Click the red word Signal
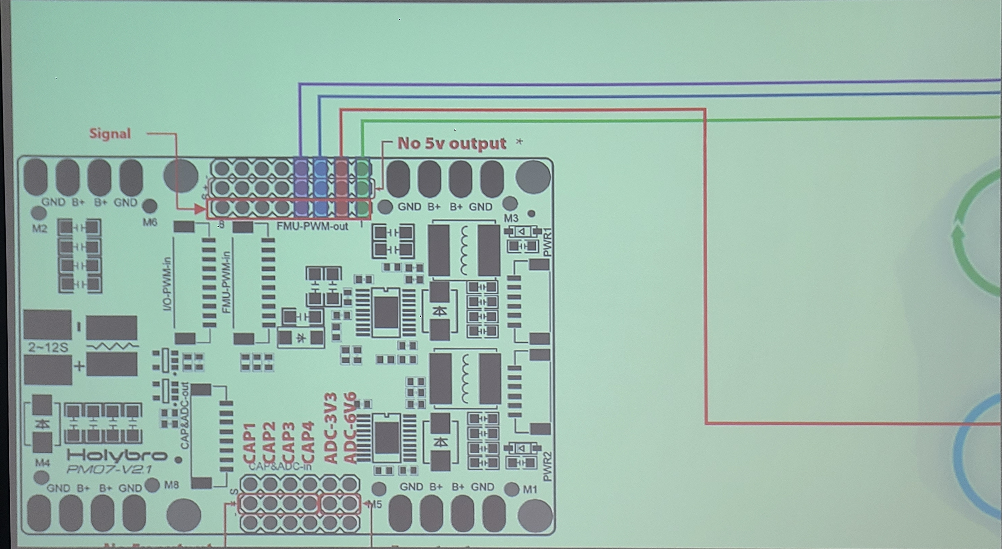pyautogui.click(x=110, y=133)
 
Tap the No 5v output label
pyautogui.click(x=451, y=143)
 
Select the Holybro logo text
pyautogui.click(x=117, y=455)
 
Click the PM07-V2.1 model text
pyautogui.click(x=109, y=470)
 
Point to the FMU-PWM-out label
pyautogui.click(x=313, y=226)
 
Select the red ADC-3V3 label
pyautogui.click(x=331, y=428)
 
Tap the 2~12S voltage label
pyautogui.click(x=48, y=347)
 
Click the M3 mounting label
pyautogui.click(x=511, y=218)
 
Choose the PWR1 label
pyautogui.click(x=547, y=242)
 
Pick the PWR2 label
pyautogui.click(x=547, y=466)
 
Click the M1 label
pyautogui.click(x=530, y=489)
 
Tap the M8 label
pyautogui.click(x=172, y=485)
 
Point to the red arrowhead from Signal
pyautogui.click(x=200, y=209)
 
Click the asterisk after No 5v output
pyautogui.click(x=519, y=142)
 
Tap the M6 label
pyautogui.click(x=150, y=222)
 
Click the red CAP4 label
pyautogui.click(x=308, y=442)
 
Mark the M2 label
pyautogui.click(x=39, y=228)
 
